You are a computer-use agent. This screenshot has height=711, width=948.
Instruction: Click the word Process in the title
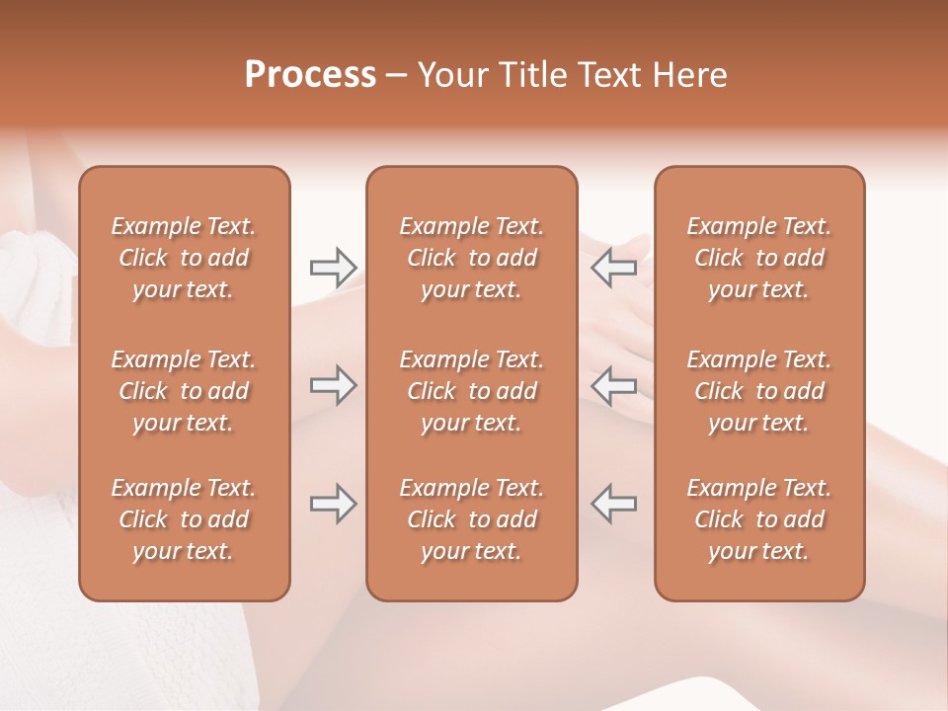[x=310, y=75]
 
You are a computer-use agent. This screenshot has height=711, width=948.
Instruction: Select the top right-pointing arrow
[x=333, y=267]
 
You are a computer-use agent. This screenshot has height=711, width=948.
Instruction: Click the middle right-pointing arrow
[x=333, y=385]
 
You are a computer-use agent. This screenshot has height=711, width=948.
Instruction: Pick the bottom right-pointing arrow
[x=333, y=504]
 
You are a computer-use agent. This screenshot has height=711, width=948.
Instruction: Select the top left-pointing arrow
[x=614, y=267]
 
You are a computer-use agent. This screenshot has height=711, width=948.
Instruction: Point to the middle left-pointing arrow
[x=614, y=385]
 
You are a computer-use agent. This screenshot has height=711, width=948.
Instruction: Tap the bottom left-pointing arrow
[x=614, y=504]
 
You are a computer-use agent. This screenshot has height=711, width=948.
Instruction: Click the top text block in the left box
[x=184, y=258]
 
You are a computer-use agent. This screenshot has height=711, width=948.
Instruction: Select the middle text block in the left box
[x=184, y=391]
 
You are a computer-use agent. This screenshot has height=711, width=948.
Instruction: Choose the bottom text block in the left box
[x=184, y=519]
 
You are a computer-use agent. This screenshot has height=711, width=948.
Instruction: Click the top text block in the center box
[x=471, y=258]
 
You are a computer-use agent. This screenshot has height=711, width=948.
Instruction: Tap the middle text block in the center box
[x=471, y=391]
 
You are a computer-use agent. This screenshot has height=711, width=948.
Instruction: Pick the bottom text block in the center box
[x=471, y=519]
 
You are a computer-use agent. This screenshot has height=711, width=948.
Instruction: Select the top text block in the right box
[x=758, y=258]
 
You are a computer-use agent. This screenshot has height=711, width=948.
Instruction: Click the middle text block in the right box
[x=758, y=391]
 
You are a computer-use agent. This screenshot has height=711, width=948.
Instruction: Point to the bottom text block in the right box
[x=758, y=519]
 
